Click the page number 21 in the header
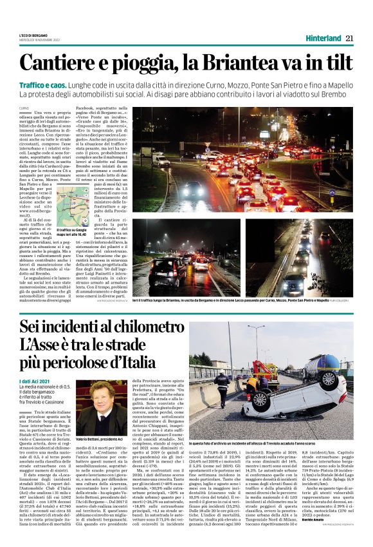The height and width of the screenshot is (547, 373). (x=349, y=38)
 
